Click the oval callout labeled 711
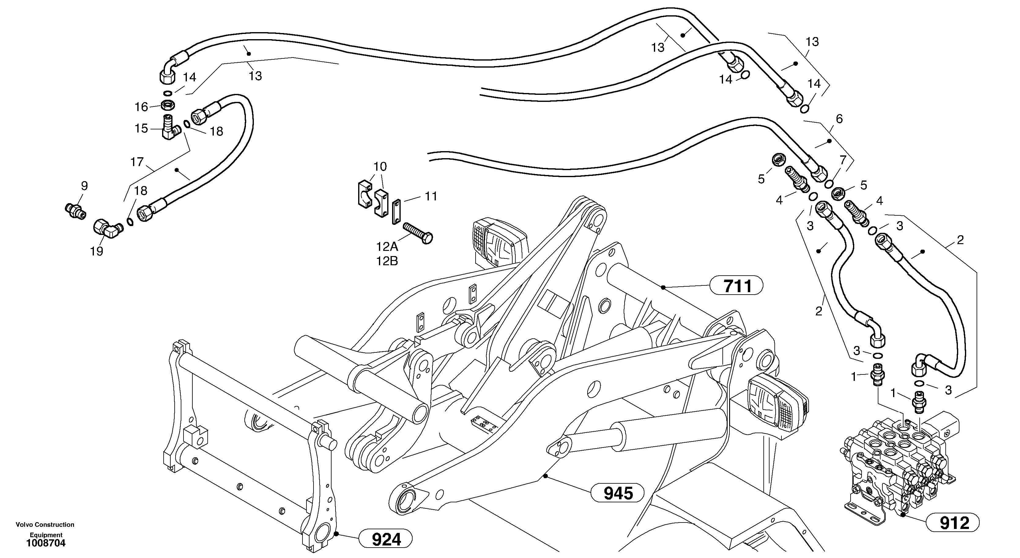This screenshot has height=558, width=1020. pos(736,285)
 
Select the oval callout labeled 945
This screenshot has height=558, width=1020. pos(618,493)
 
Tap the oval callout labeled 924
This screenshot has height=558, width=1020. pos(386,539)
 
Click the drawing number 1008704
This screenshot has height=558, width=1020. pos(46,543)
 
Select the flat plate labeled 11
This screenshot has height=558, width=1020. pos(397,212)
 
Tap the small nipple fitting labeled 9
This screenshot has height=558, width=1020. pos(75,210)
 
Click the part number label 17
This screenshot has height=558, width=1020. pos(137,162)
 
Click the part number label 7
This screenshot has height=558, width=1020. pos(843,160)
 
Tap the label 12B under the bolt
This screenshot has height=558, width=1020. pos(387,261)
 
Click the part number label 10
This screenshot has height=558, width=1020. pos(380,166)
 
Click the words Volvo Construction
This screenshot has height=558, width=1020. pos(45,524)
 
